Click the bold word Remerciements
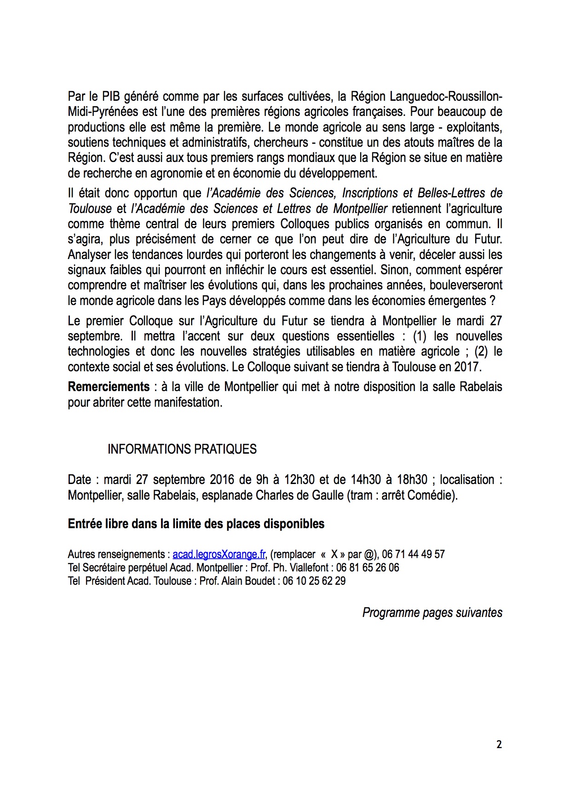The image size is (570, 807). pyautogui.click(x=109, y=387)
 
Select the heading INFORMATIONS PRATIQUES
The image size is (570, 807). pyautogui.click(x=182, y=449)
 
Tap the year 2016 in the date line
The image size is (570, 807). pyautogui.click(x=222, y=480)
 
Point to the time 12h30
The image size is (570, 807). pyautogui.click(x=299, y=480)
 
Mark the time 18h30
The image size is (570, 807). pyautogui.click(x=412, y=480)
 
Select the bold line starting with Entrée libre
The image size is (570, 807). pyautogui.click(x=196, y=524)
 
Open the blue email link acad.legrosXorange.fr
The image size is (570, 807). pyautogui.click(x=219, y=554)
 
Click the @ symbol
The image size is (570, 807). pyautogui.click(x=369, y=554)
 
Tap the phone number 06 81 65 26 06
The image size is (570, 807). pyautogui.click(x=368, y=568)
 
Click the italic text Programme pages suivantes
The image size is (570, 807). pyautogui.click(x=432, y=613)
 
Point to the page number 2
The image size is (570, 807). pyautogui.click(x=499, y=744)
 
